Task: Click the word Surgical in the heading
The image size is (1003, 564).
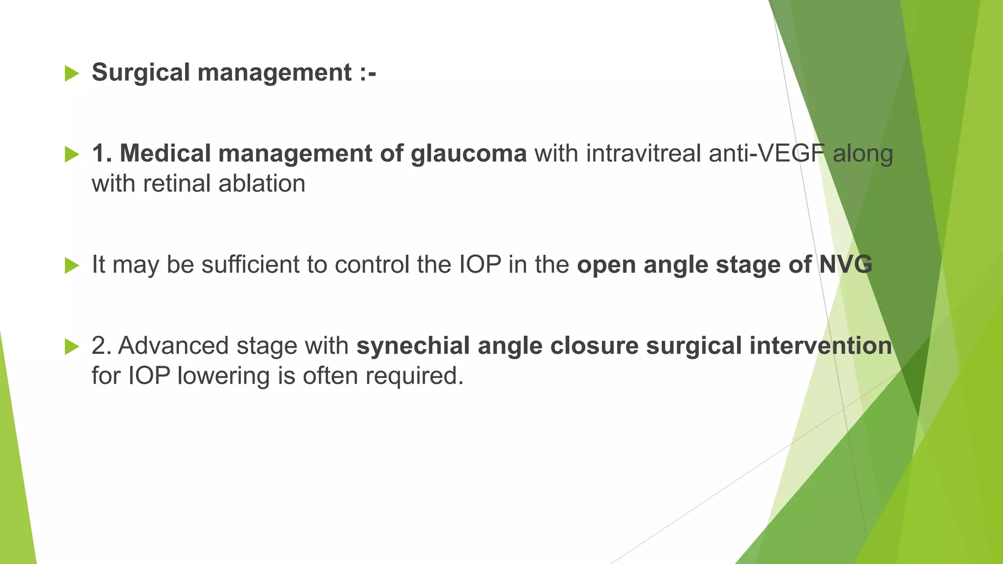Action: (141, 73)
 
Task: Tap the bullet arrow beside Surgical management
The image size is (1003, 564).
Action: (72, 74)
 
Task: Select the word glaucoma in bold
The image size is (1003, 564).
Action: (468, 154)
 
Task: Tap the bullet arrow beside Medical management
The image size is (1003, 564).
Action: (72, 155)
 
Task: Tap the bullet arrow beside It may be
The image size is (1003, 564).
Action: (72, 266)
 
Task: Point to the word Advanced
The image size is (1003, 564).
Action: (173, 346)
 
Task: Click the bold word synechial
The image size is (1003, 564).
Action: (413, 346)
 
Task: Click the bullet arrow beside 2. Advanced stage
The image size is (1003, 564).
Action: (72, 347)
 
